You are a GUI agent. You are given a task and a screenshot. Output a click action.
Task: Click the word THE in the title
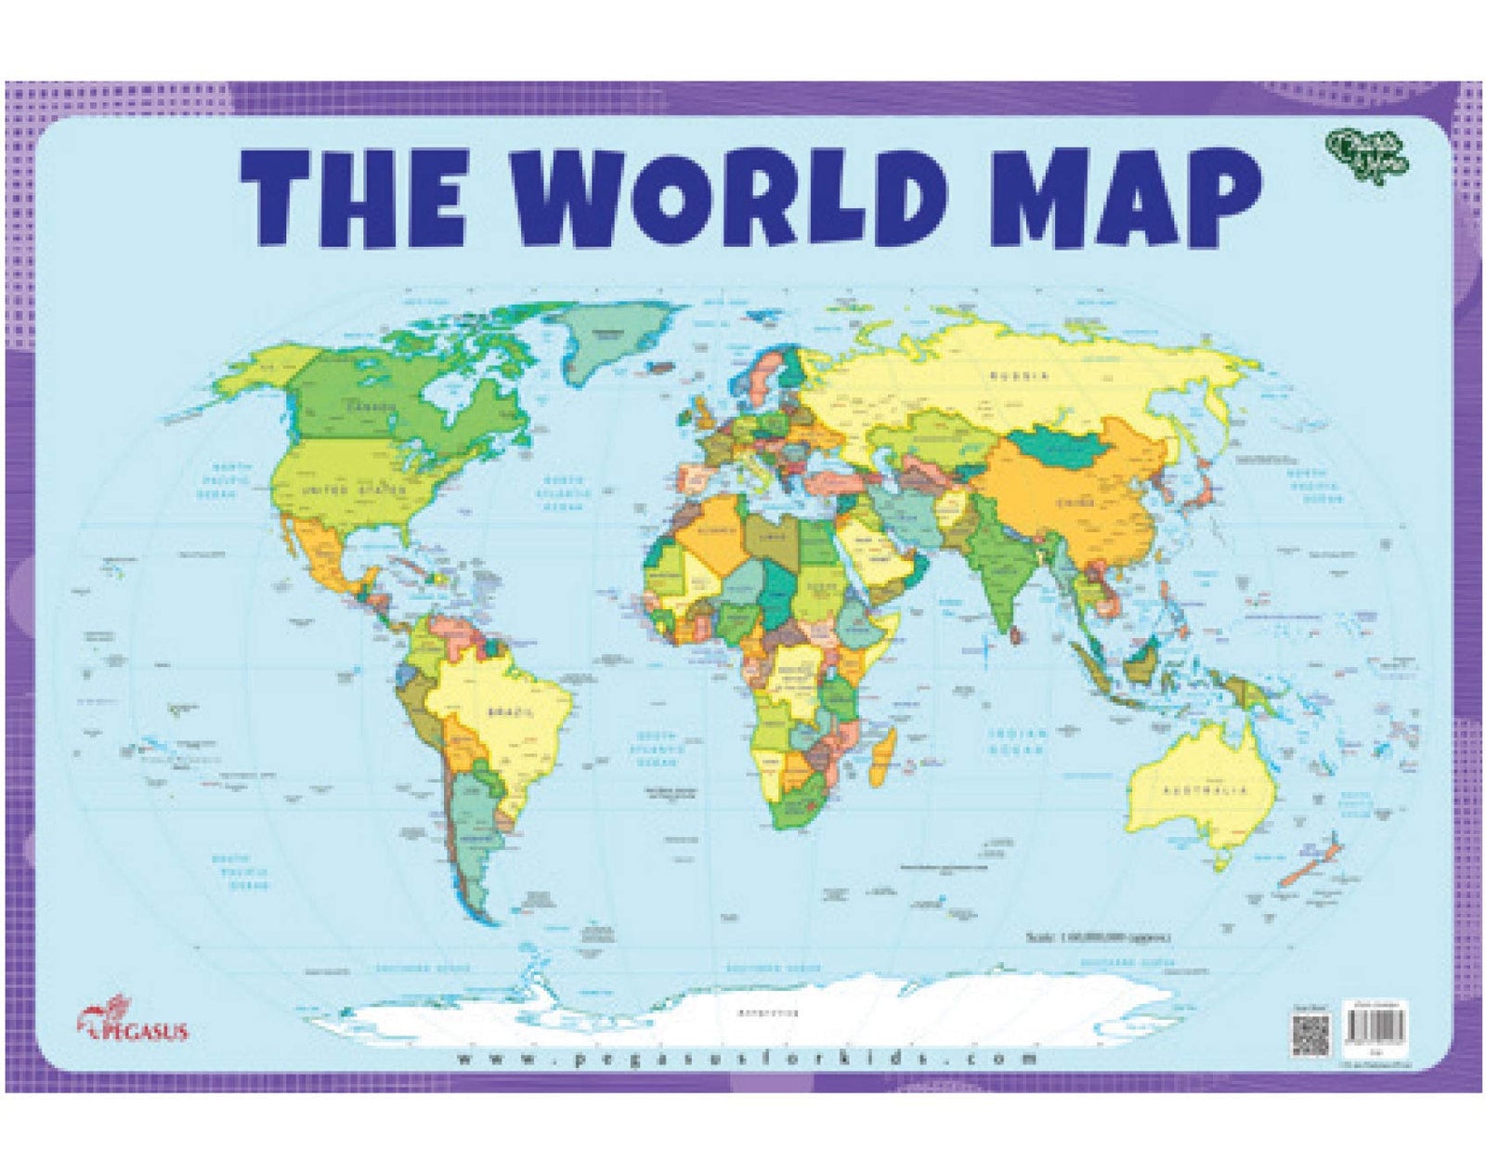pyautogui.click(x=353, y=199)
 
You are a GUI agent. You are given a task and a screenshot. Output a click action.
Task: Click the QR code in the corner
pyautogui.click(x=1311, y=1035)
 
